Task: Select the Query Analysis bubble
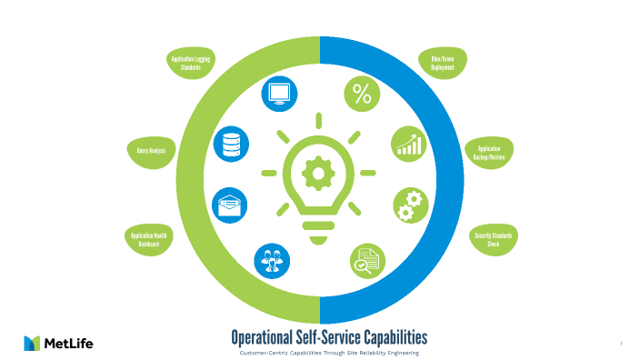150,150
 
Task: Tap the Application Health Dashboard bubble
148,239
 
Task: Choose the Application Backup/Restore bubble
489,152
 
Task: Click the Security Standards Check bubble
494,239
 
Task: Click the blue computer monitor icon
279,94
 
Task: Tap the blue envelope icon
229,205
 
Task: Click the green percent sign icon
361,94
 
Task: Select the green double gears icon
410,205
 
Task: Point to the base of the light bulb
317,235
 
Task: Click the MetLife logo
58,343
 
